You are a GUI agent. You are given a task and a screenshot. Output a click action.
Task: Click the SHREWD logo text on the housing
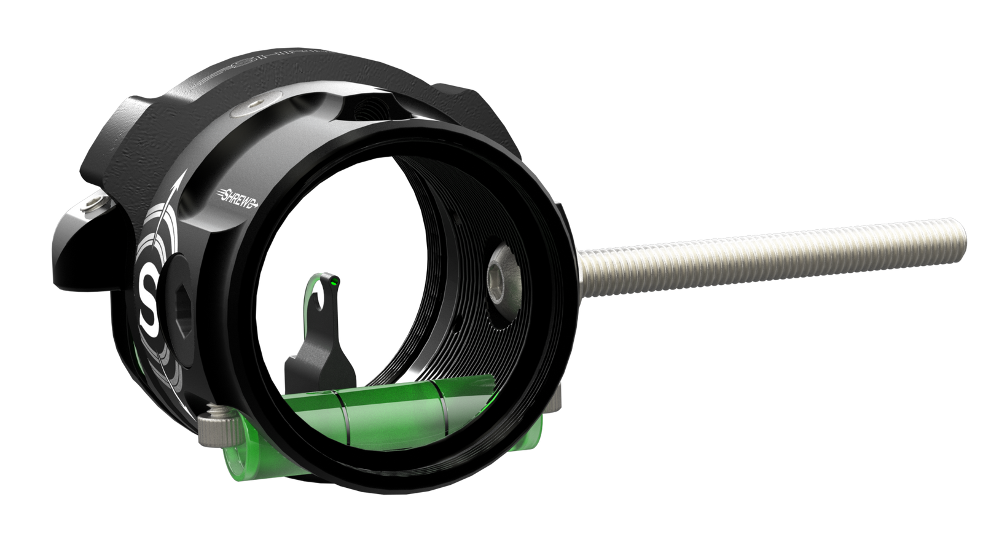(237, 196)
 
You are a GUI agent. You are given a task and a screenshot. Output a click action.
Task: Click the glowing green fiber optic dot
(334, 282)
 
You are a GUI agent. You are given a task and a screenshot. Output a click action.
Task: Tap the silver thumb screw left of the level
(220, 424)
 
